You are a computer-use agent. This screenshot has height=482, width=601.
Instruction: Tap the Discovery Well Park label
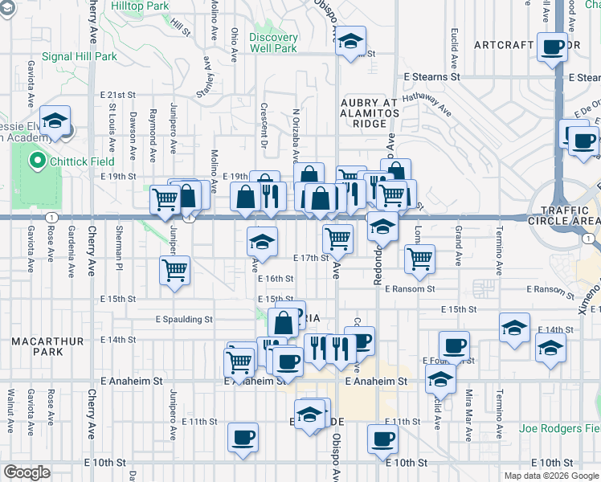pos(273,43)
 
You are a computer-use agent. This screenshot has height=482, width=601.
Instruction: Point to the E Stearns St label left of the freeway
pos(431,77)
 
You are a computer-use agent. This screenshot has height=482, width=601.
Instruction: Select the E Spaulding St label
pos(184,319)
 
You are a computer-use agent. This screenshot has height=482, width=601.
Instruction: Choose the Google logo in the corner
pos(27,472)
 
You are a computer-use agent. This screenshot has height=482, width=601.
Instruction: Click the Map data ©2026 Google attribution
pos(550,476)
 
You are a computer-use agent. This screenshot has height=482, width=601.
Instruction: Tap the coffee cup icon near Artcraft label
pos(553,47)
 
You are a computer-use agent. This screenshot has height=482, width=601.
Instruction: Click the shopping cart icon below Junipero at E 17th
pos(174,270)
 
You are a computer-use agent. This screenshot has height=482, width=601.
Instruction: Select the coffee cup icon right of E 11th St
pos(382,439)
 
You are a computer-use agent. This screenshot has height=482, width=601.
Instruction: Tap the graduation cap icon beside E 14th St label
pos(514,328)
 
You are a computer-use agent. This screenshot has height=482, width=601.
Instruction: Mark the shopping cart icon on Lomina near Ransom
pos(419,258)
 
